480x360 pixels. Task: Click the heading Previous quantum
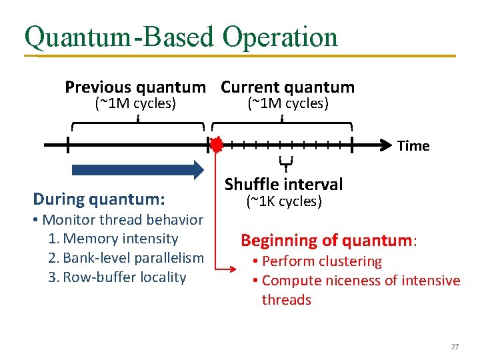click(135, 87)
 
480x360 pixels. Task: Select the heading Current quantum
click(287, 87)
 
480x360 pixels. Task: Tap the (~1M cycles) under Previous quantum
click(136, 103)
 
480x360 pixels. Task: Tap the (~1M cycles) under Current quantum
click(288, 103)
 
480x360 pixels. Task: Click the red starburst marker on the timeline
click(217, 145)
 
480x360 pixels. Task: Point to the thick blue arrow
click(137, 169)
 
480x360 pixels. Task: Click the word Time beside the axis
click(413, 146)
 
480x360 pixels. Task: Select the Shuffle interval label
click(283, 184)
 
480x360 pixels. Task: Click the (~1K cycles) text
click(283, 201)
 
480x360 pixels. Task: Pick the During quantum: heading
click(99, 199)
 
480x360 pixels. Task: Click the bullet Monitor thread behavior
click(118, 219)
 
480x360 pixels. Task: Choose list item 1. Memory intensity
click(113, 239)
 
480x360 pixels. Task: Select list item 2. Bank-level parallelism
click(126, 258)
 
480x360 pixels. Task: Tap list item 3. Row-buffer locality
click(117, 277)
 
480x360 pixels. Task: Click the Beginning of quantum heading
click(329, 240)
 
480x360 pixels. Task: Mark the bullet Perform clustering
click(317, 261)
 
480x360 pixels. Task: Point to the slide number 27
click(455, 347)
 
